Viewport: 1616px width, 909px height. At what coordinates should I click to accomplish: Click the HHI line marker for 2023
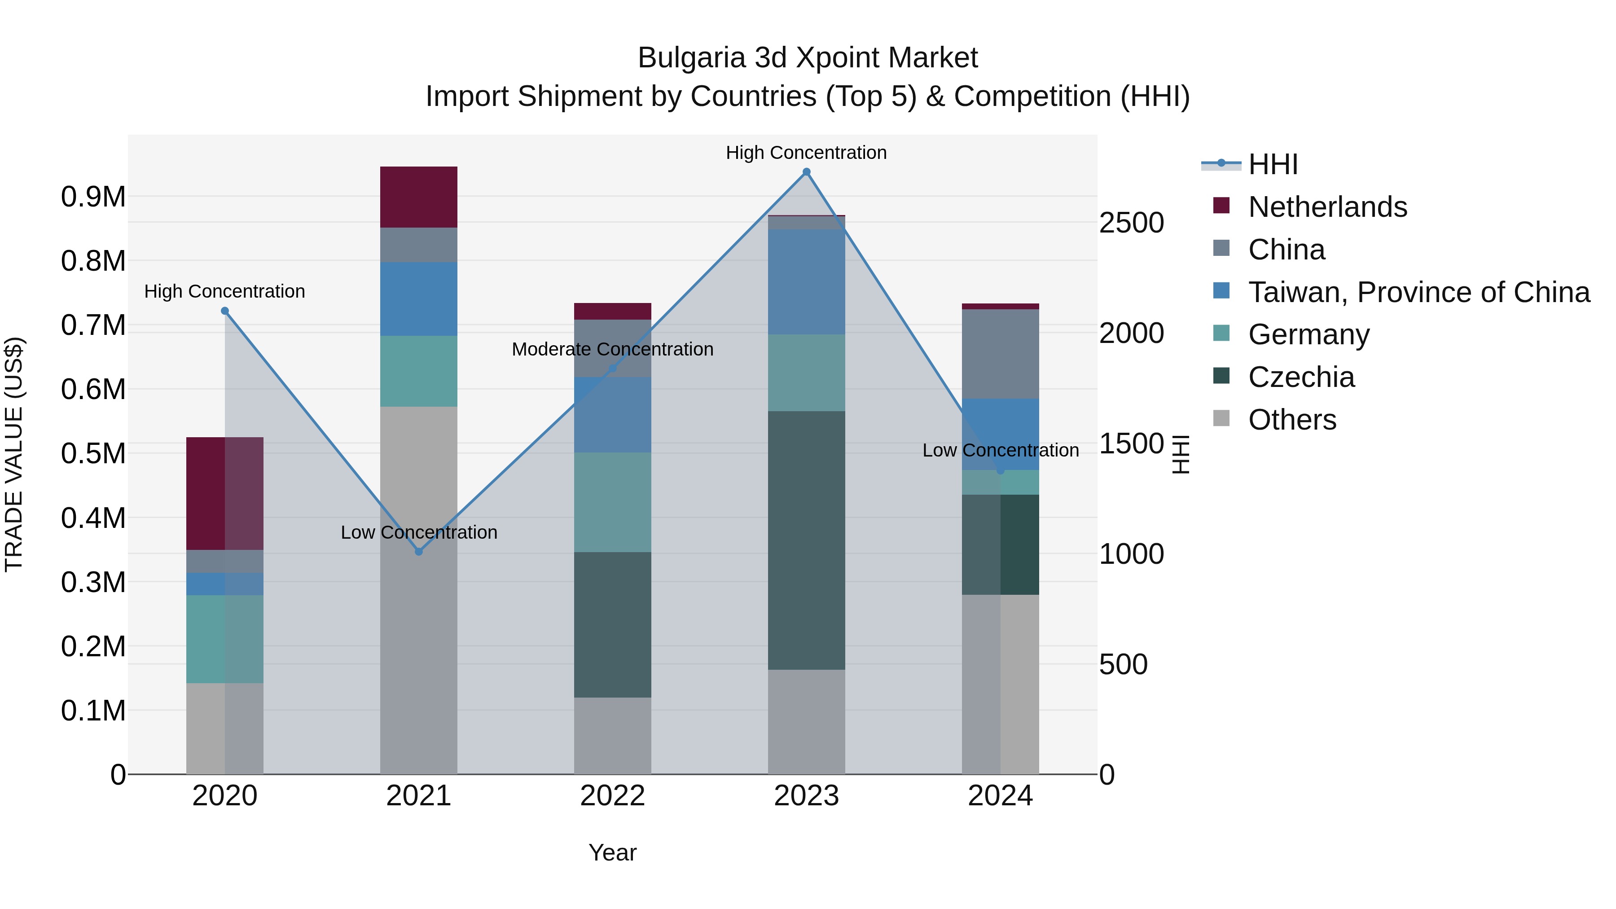pyautogui.click(x=806, y=172)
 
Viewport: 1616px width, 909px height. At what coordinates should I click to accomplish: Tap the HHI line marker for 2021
pyautogui.click(x=419, y=551)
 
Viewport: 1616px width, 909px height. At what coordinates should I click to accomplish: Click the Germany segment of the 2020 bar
pyautogui.click(x=224, y=639)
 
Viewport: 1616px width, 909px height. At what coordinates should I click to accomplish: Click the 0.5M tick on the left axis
pyautogui.click(x=93, y=453)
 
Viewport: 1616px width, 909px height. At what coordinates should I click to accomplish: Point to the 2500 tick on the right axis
pyautogui.click(x=1131, y=223)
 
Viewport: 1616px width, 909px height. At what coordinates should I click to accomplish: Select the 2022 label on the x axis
pyautogui.click(x=612, y=796)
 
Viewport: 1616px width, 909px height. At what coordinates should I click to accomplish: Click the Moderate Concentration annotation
pyautogui.click(x=612, y=349)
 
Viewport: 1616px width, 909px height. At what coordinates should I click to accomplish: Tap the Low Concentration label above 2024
pyautogui.click(x=1000, y=450)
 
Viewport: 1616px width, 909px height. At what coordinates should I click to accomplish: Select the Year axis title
pyautogui.click(x=612, y=852)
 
